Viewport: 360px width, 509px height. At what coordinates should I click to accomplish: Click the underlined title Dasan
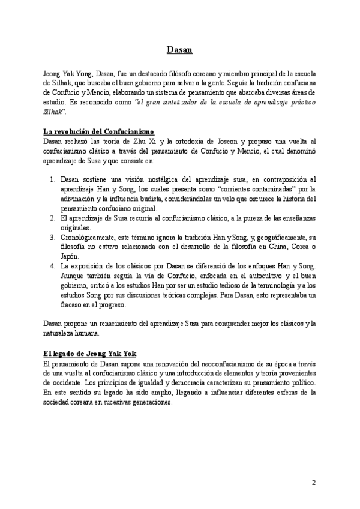pos(179,50)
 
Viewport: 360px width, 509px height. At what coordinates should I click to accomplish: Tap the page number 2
pos(313,483)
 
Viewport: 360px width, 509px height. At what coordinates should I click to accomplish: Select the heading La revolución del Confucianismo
pos(100,131)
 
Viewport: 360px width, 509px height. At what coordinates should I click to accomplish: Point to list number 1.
pos(52,179)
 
